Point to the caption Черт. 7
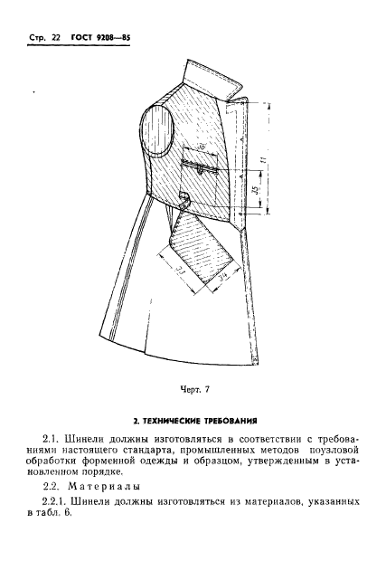[x=193, y=389]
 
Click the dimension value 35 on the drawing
[x=256, y=193]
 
